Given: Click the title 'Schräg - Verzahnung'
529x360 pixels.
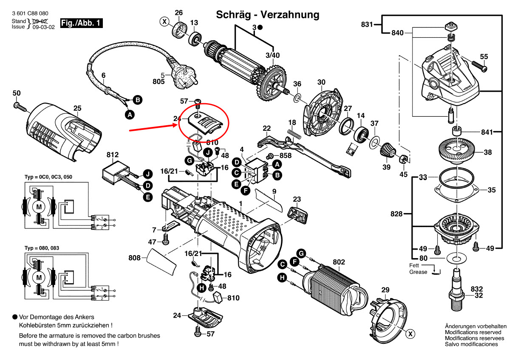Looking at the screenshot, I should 268,14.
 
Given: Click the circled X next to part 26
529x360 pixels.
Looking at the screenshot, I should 164,21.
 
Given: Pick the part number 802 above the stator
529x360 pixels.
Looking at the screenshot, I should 339,262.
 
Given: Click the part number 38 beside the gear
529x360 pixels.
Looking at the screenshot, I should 487,152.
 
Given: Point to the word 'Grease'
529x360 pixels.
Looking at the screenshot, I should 418,272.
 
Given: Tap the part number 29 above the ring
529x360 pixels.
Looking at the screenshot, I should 385,290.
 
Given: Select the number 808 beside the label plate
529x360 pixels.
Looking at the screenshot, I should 134,257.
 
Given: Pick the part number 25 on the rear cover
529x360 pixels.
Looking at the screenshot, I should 77,108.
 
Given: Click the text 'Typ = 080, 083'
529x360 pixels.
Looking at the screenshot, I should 42,247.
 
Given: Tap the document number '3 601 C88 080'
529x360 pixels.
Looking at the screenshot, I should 30,14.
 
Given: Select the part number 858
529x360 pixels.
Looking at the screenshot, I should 286,155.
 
